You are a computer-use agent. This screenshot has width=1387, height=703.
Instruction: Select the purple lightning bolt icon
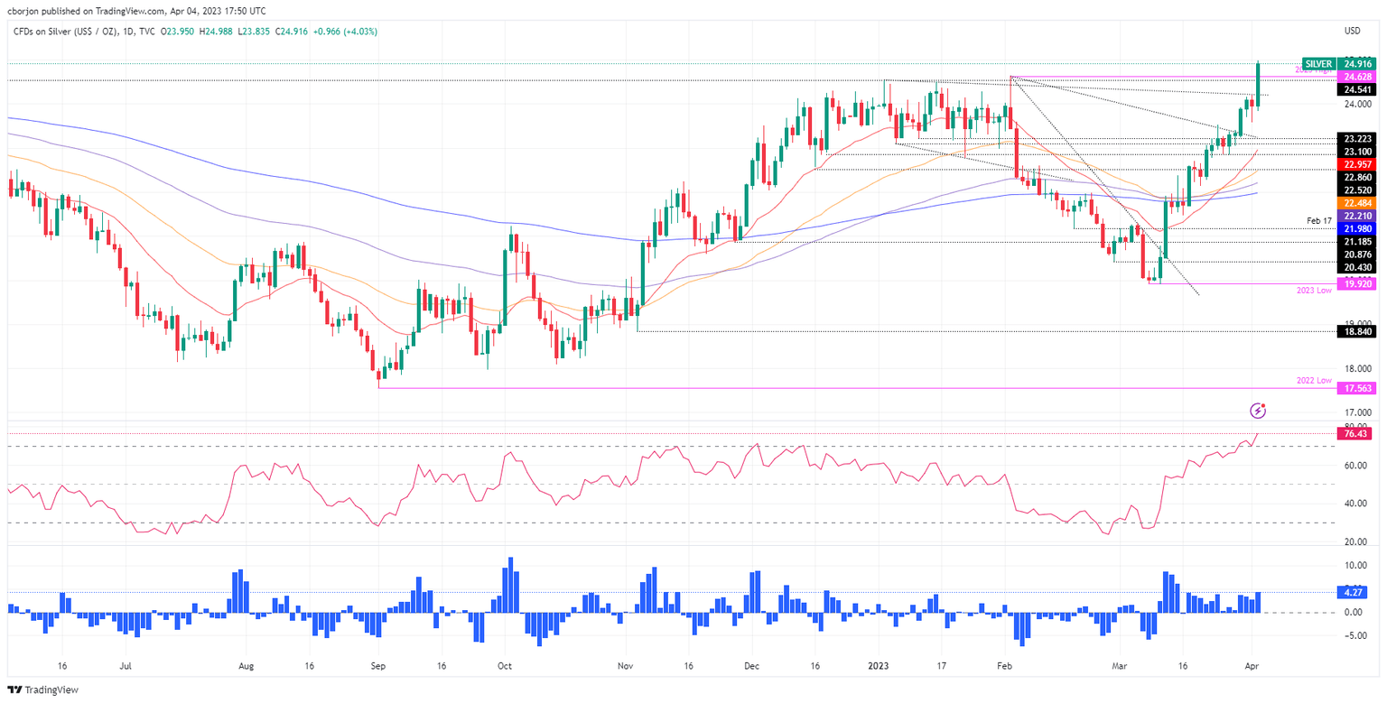click(x=1259, y=412)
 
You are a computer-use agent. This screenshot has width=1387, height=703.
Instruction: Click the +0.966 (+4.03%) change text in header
click(x=343, y=32)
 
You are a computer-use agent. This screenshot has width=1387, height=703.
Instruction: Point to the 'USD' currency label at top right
click(x=1352, y=32)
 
